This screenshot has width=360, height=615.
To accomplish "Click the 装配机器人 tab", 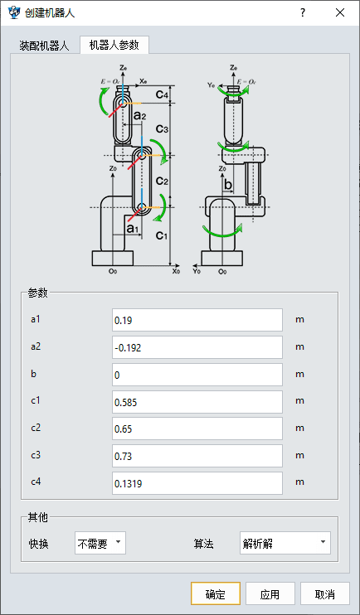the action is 44,46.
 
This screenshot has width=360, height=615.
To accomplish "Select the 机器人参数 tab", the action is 114,45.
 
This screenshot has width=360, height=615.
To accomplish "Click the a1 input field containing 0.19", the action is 197,320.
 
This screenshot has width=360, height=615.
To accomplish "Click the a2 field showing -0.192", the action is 197,347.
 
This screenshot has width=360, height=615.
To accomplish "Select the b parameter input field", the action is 197,375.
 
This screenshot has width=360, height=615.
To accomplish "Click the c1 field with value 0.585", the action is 197,402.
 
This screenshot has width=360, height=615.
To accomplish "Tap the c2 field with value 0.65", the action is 197,429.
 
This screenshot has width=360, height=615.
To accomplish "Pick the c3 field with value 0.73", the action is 197,456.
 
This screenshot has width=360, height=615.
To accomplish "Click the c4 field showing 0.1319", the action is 197,483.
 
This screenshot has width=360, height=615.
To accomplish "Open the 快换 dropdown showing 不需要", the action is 100,543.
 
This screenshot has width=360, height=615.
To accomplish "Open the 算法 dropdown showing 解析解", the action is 285,543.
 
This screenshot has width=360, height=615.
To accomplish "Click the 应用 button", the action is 270,593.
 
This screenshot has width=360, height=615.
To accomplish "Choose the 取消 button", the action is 324,593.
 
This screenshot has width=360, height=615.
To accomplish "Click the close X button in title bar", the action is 340,12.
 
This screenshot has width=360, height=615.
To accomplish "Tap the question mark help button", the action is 303,12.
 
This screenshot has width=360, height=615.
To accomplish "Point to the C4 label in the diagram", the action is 162,94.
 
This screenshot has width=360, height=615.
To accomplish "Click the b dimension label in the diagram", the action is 228,184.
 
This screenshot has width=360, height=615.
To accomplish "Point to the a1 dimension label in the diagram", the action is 133,229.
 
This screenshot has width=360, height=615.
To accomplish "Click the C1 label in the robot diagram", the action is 162,235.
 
